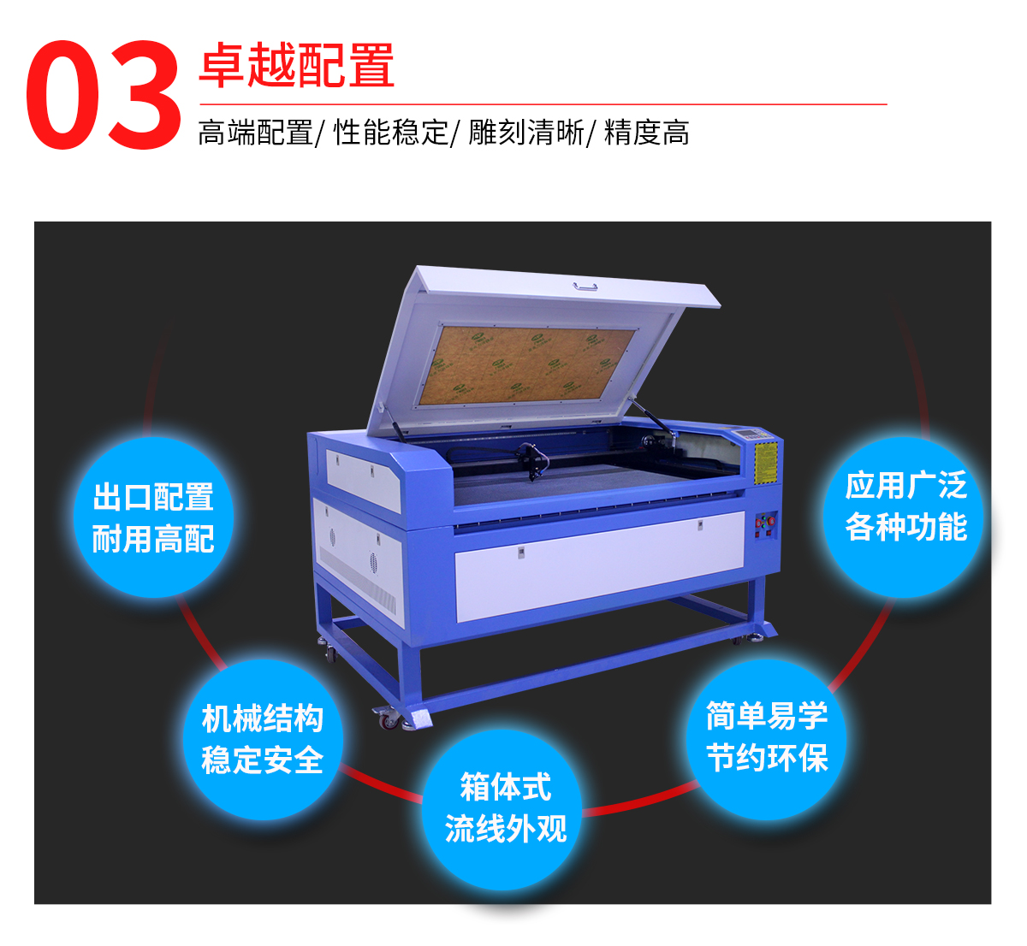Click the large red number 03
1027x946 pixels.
(104, 95)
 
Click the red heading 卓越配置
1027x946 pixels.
(297, 65)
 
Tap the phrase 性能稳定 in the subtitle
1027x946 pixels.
(390, 133)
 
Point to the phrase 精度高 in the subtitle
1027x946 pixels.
(647, 133)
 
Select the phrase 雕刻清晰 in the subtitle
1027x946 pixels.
(526, 133)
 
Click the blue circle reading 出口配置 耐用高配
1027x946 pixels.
(153, 517)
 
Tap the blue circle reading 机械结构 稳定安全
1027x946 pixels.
(263, 739)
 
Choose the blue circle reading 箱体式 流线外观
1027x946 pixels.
(506, 808)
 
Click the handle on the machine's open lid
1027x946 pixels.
(585, 287)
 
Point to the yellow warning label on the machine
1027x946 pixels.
(766, 462)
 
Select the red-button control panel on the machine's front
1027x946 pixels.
(765, 524)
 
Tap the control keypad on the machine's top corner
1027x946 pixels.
(745, 433)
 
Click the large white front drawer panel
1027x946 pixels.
(599, 565)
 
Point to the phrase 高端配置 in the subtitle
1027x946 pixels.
(256, 133)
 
